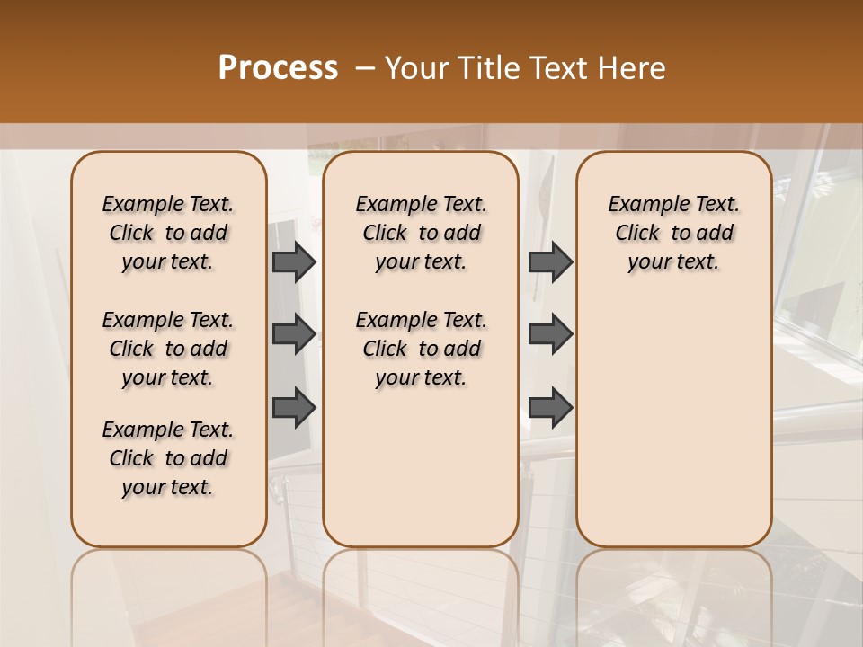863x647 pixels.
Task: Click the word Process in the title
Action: [278, 68]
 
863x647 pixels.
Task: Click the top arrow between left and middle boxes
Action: [294, 261]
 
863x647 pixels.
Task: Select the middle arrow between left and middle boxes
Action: [294, 334]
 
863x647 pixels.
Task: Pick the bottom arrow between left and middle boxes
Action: [294, 407]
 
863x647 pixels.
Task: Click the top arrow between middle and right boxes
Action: [550, 261]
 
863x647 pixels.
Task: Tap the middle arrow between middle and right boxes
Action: [550, 334]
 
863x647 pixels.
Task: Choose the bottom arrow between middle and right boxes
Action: [550, 407]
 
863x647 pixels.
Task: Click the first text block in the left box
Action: [168, 233]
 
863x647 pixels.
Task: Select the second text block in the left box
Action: [168, 349]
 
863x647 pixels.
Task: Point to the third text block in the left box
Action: [168, 458]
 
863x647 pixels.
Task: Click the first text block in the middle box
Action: [421, 233]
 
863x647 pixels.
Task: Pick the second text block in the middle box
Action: [421, 349]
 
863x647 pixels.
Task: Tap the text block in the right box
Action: [673, 233]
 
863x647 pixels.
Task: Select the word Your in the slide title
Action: [414, 68]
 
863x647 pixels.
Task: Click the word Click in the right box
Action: [637, 234]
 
